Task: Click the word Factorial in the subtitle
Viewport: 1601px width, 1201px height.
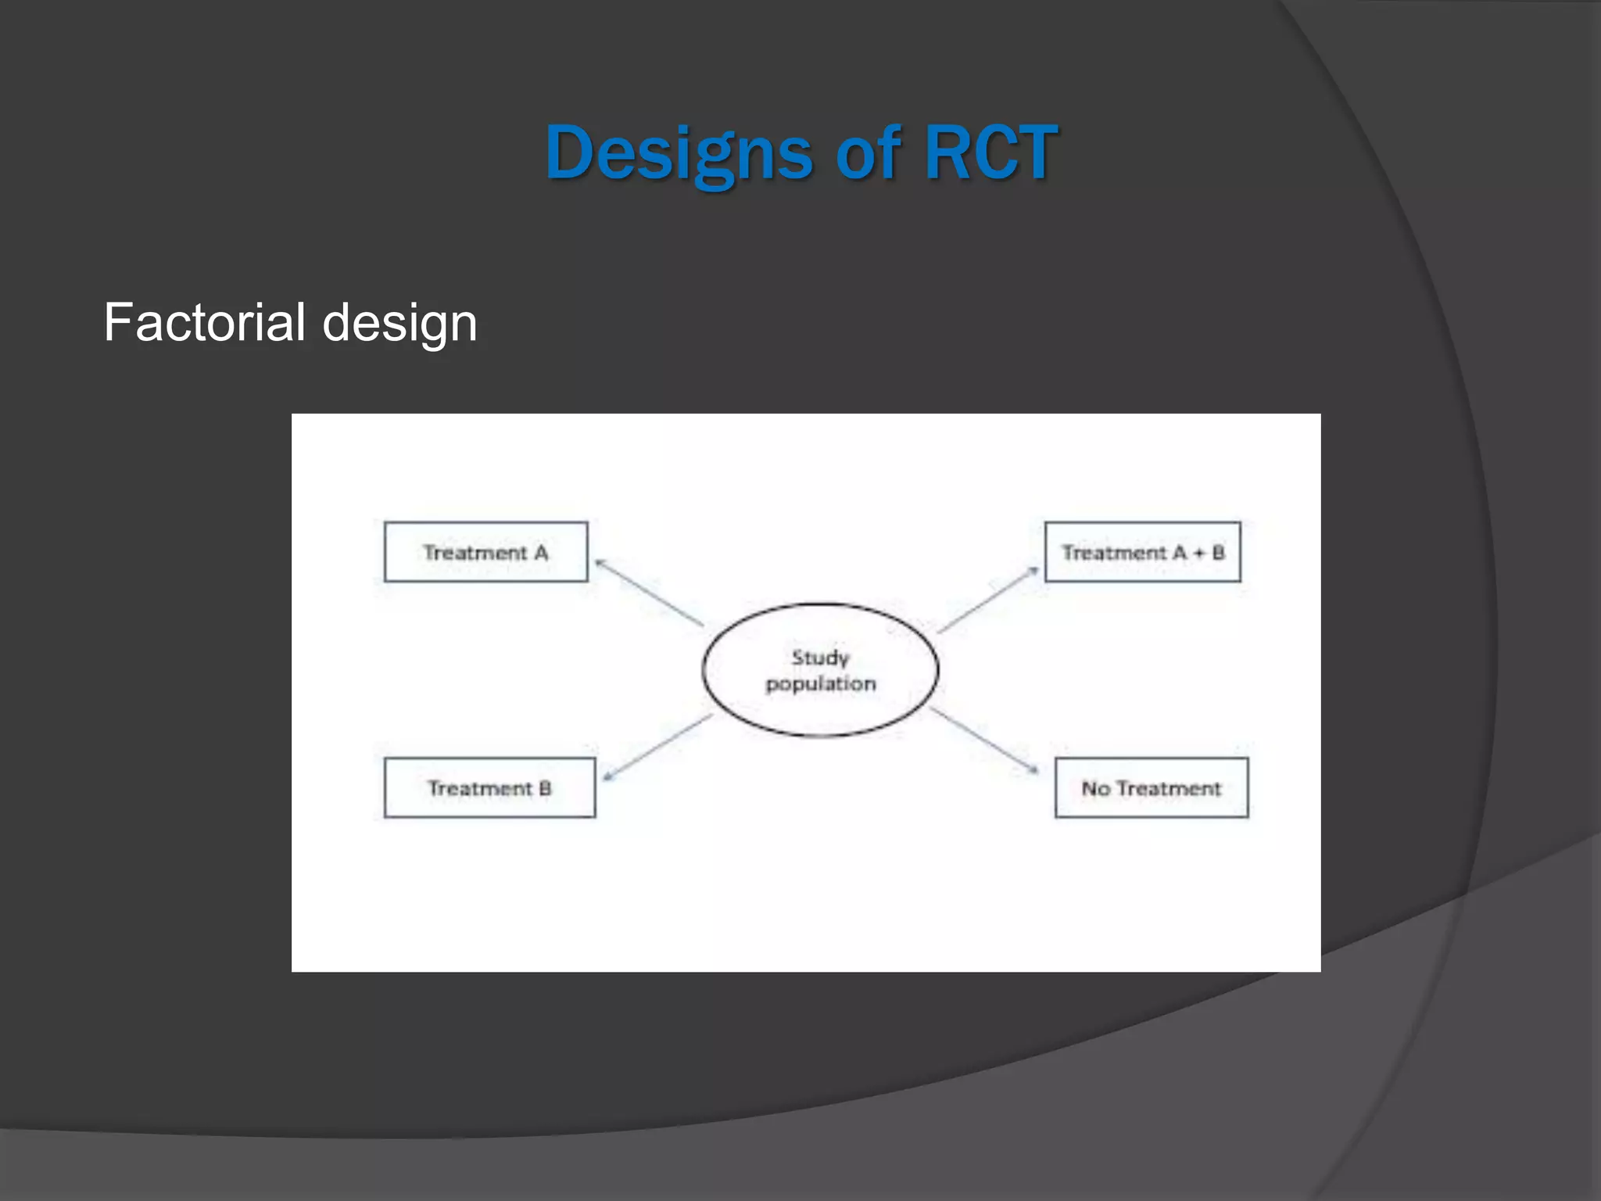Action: tap(204, 322)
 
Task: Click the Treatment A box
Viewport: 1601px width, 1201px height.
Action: tap(485, 552)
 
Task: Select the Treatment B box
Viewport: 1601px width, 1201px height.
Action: tap(489, 788)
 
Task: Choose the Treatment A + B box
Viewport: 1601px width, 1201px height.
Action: tap(1142, 552)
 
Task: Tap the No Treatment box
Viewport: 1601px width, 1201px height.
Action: tap(1152, 788)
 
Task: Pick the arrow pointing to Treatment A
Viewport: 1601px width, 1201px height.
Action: tap(649, 593)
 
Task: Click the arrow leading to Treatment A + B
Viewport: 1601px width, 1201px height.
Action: tap(988, 600)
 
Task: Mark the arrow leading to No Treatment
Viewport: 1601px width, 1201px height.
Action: tap(984, 740)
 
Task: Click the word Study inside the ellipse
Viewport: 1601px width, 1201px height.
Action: tap(820, 658)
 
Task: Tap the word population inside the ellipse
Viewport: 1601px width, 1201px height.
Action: tap(821, 684)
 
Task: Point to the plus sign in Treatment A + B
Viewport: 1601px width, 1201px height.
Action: tap(1198, 554)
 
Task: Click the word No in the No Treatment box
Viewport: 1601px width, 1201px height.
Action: tap(1095, 789)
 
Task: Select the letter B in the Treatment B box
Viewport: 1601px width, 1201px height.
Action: tap(545, 788)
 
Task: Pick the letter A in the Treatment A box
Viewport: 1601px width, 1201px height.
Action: tap(541, 553)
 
